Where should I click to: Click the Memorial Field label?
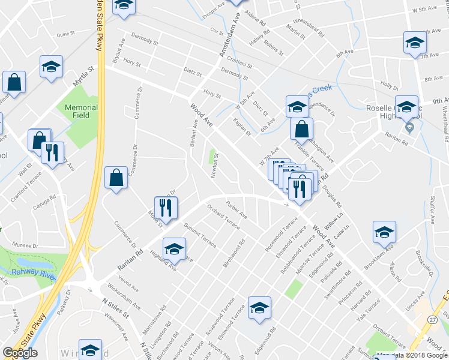[x=80, y=111]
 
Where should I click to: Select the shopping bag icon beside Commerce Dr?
[x=116, y=178]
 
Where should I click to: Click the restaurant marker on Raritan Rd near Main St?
[x=166, y=208]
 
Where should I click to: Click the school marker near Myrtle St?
[x=52, y=67]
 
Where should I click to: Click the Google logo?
[x=20, y=353]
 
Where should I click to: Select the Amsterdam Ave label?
[x=230, y=37]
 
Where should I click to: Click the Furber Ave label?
[x=236, y=210]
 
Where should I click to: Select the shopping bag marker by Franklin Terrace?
[x=301, y=129]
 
